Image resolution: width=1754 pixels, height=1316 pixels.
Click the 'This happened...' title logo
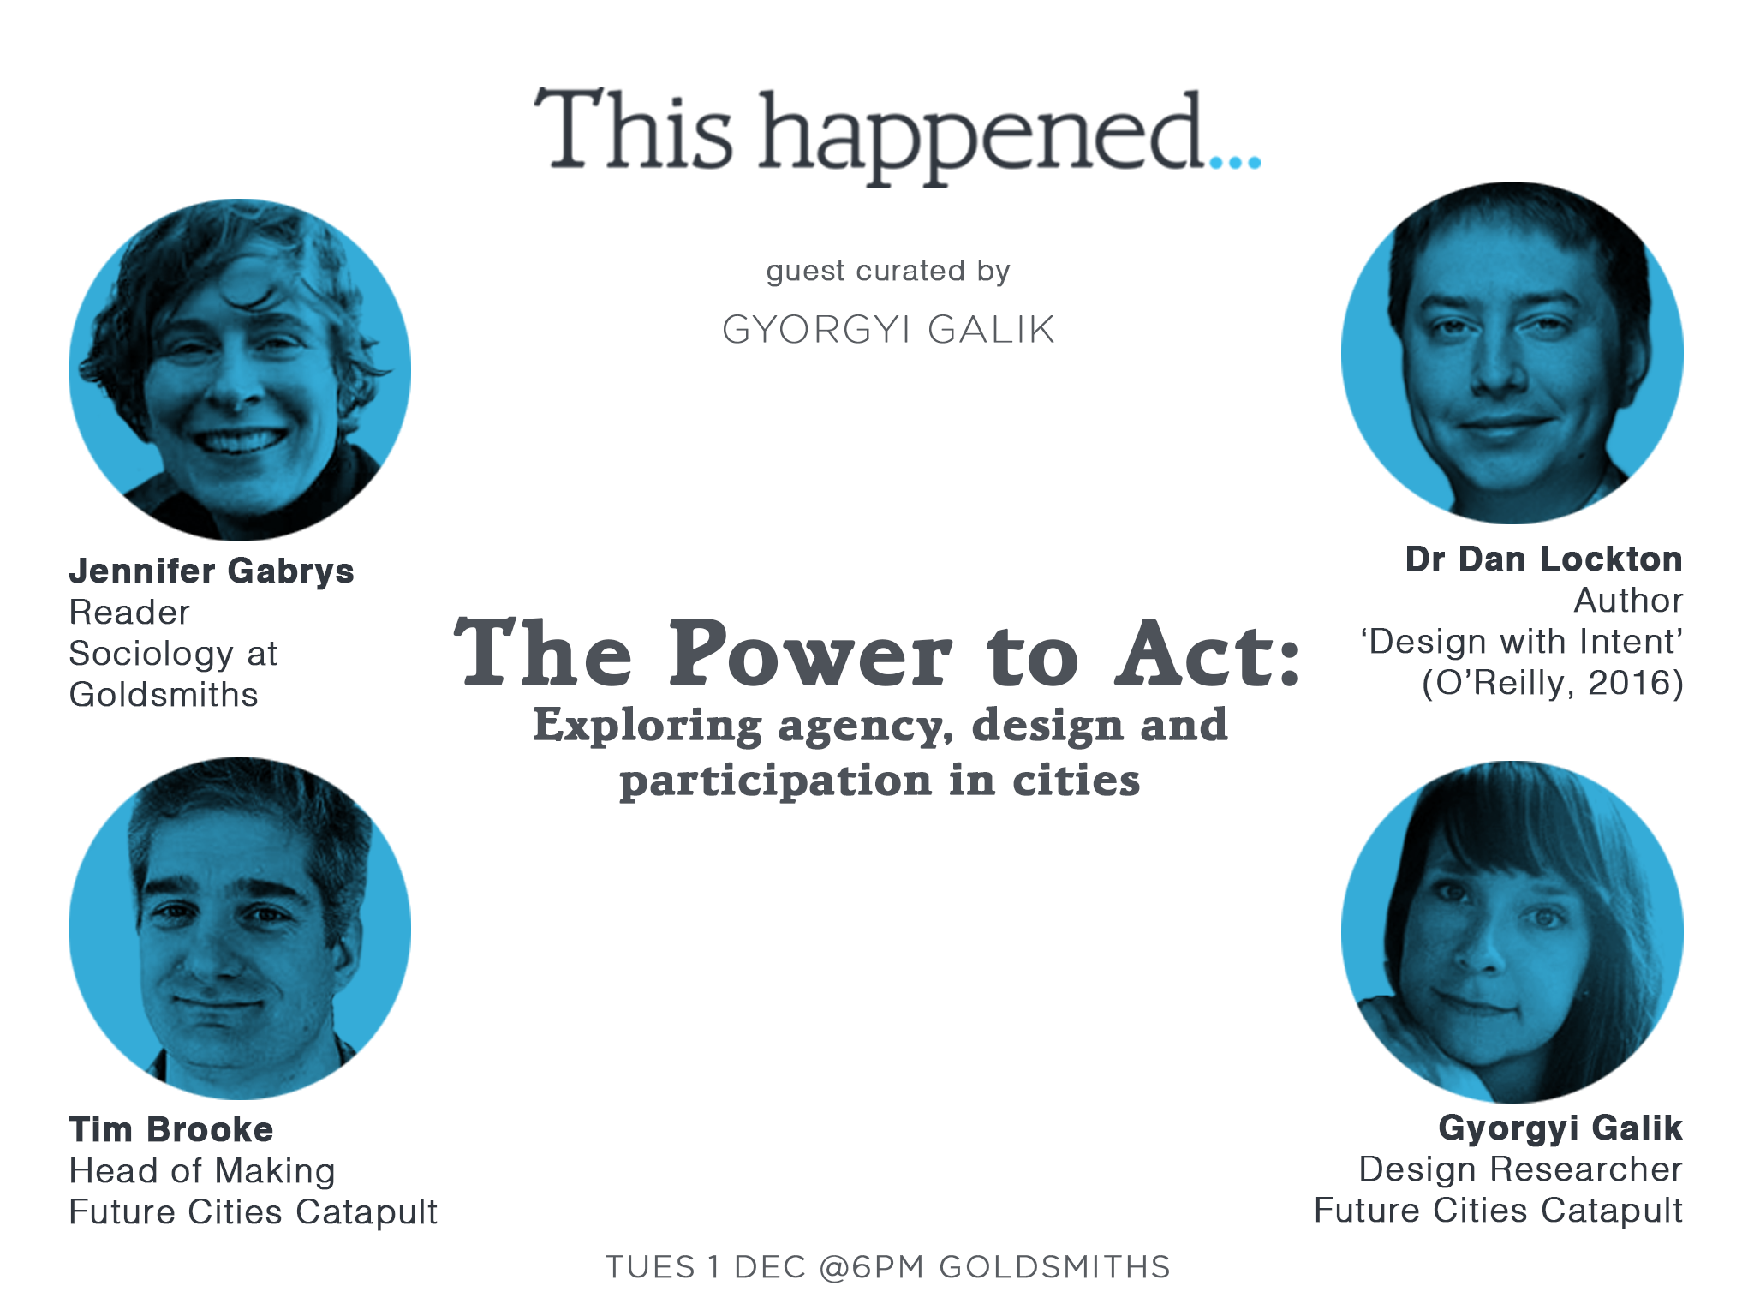tap(897, 135)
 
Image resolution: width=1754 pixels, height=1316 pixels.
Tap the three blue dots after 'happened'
tap(1235, 162)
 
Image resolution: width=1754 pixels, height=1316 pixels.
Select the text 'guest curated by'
tap(888, 272)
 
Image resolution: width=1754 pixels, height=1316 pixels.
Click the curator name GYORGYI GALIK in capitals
tap(888, 330)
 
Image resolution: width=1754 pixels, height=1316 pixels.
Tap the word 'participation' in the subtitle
tap(776, 781)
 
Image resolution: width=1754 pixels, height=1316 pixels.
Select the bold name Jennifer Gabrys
tap(212, 571)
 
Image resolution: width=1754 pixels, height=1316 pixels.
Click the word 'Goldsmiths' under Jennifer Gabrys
tap(164, 695)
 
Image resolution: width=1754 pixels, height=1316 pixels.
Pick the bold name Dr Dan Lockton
tap(1543, 559)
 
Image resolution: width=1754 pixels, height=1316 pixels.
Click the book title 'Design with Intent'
tap(1522, 642)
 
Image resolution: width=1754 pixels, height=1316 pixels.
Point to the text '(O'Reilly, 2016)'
tap(1553, 684)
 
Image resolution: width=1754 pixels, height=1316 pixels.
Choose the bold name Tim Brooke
tap(171, 1130)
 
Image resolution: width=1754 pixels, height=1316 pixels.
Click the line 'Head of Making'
tap(202, 1171)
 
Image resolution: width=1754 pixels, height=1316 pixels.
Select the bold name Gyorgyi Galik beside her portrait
tap(1560, 1128)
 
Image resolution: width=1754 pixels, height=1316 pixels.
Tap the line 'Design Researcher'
tap(1520, 1169)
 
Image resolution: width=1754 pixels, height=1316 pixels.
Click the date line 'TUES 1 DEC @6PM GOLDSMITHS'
tap(888, 1267)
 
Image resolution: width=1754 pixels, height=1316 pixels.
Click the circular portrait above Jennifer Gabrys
tap(240, 370)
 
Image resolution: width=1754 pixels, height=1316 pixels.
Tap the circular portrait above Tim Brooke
tap(240, 929)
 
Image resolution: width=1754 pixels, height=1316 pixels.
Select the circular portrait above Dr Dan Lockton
tap(1512, 353)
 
